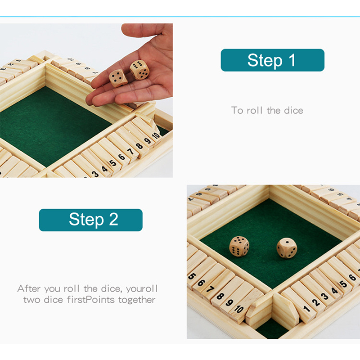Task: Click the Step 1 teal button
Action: (272, 60)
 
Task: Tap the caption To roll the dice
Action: (267, 110)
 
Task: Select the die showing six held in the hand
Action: (139, 70)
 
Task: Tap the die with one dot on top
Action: (286, 248)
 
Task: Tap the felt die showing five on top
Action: (239, 246)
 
